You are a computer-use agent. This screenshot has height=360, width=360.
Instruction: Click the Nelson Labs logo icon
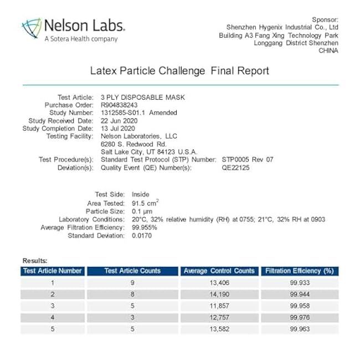tap(32, 28)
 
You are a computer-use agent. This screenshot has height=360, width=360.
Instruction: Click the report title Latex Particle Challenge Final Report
tap(179, 71)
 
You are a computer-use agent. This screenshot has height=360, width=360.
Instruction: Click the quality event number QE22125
tap(235, 167)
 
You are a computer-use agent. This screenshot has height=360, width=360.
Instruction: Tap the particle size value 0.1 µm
tap(143, 211)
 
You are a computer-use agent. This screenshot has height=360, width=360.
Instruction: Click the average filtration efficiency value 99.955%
tap(144, 227)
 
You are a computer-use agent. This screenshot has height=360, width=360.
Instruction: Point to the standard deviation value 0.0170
tap(141, 235)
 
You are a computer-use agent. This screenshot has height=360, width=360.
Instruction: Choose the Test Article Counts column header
tap(132, 271)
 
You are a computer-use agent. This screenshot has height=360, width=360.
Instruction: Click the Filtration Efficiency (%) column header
tap(299, 271)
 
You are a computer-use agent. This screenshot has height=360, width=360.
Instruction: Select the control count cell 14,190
tap(219, 294)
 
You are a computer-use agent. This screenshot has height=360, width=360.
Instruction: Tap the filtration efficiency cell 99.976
tap(299, 317)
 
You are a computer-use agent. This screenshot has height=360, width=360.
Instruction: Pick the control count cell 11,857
tap(219, 306)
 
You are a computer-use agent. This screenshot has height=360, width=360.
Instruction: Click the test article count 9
tap(132, 282)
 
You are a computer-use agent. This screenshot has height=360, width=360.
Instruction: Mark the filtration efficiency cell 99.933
tap(299, 282)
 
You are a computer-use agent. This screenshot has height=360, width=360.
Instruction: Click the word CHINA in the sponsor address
tap(328, 50)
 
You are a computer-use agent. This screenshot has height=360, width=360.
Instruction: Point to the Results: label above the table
tap(35, 260)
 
